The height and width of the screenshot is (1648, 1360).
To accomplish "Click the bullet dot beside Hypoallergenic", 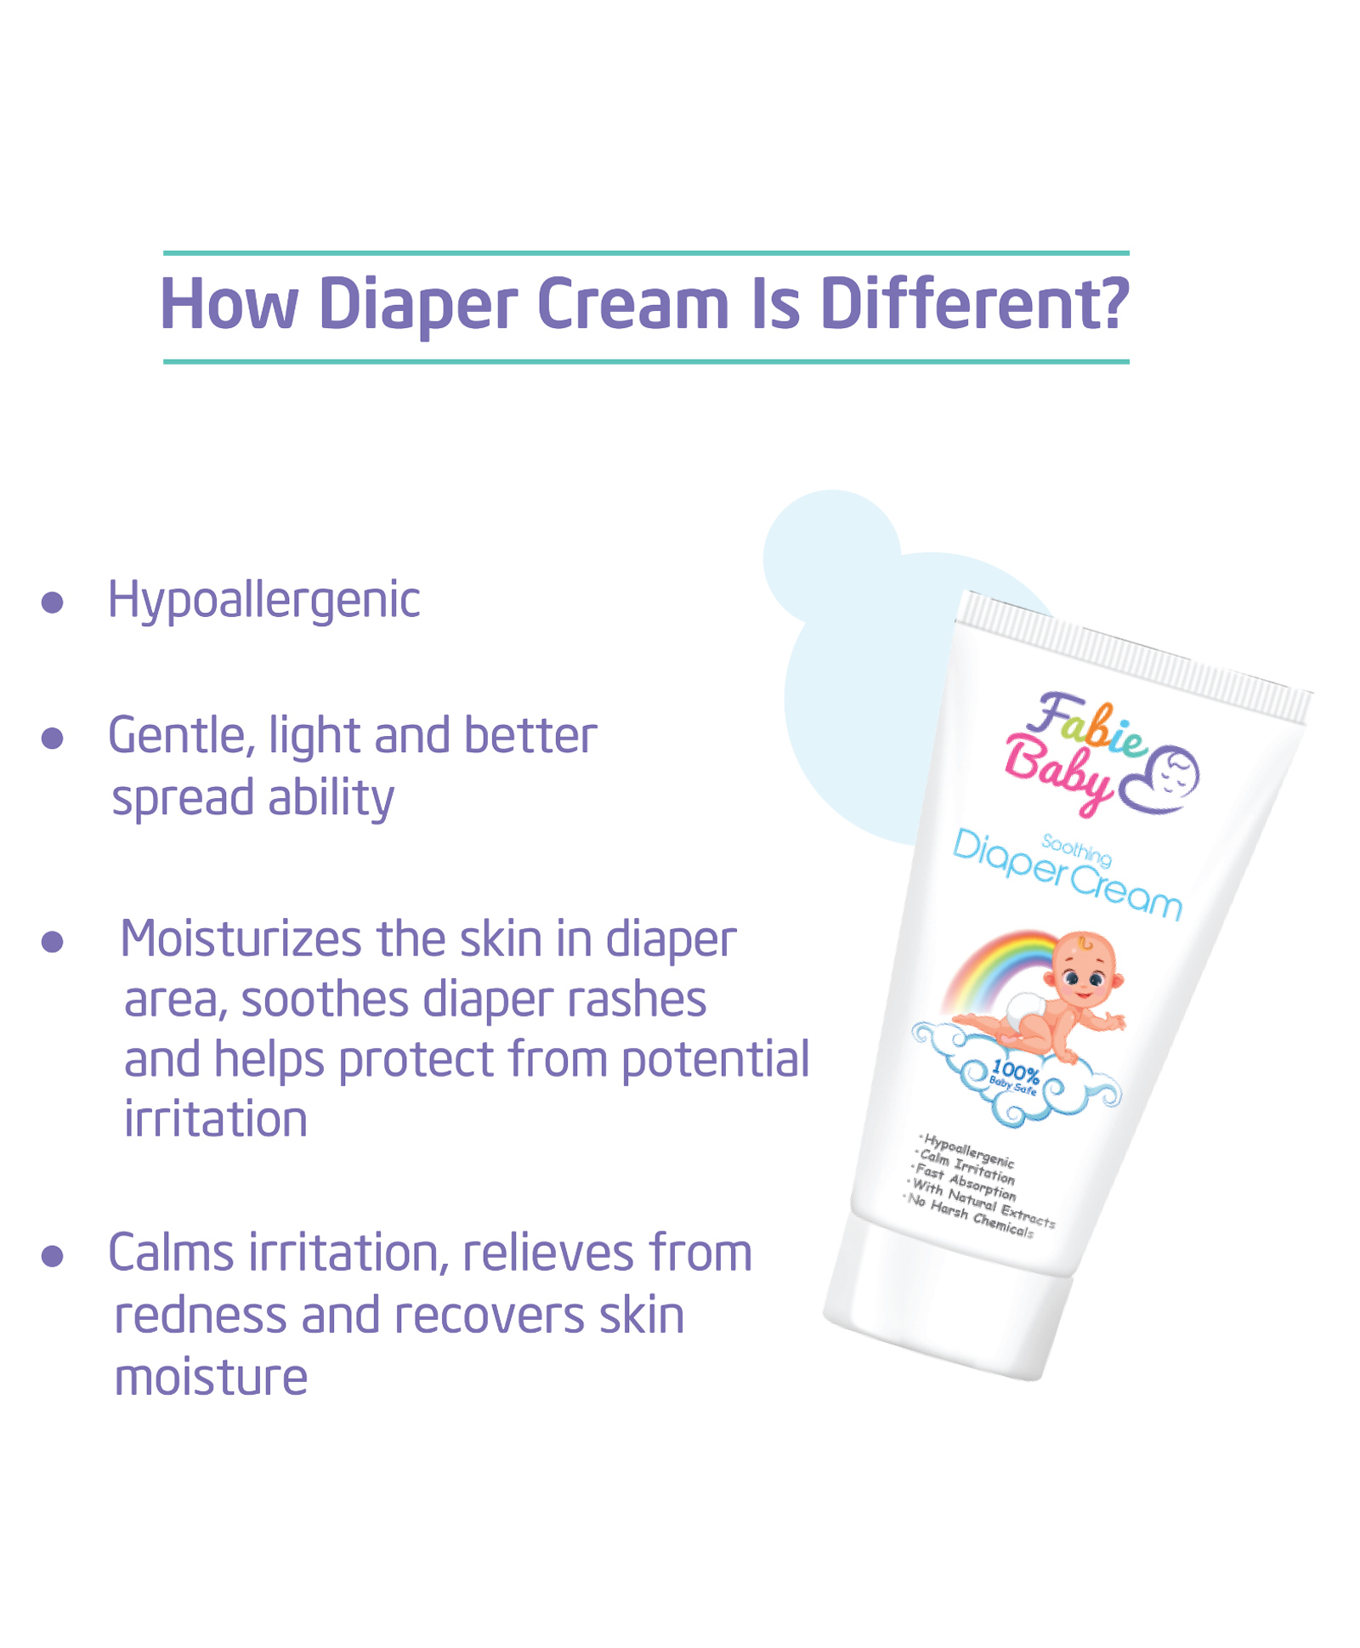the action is (x=53, y=603).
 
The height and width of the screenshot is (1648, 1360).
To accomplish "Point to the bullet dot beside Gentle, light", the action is (x=53, y=738).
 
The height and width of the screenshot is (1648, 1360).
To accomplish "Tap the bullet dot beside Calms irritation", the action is (x=53, y=1256).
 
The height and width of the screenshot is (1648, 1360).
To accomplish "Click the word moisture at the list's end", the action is (x=211, y=1378).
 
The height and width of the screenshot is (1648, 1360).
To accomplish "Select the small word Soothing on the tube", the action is (x=1077, y=850).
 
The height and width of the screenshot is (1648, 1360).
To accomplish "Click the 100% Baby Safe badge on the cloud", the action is (x=1014, y=1079).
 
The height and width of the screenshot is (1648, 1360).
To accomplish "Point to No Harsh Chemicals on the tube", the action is (x=970, y=1216).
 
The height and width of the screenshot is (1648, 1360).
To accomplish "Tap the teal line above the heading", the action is (x=646, y=253).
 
